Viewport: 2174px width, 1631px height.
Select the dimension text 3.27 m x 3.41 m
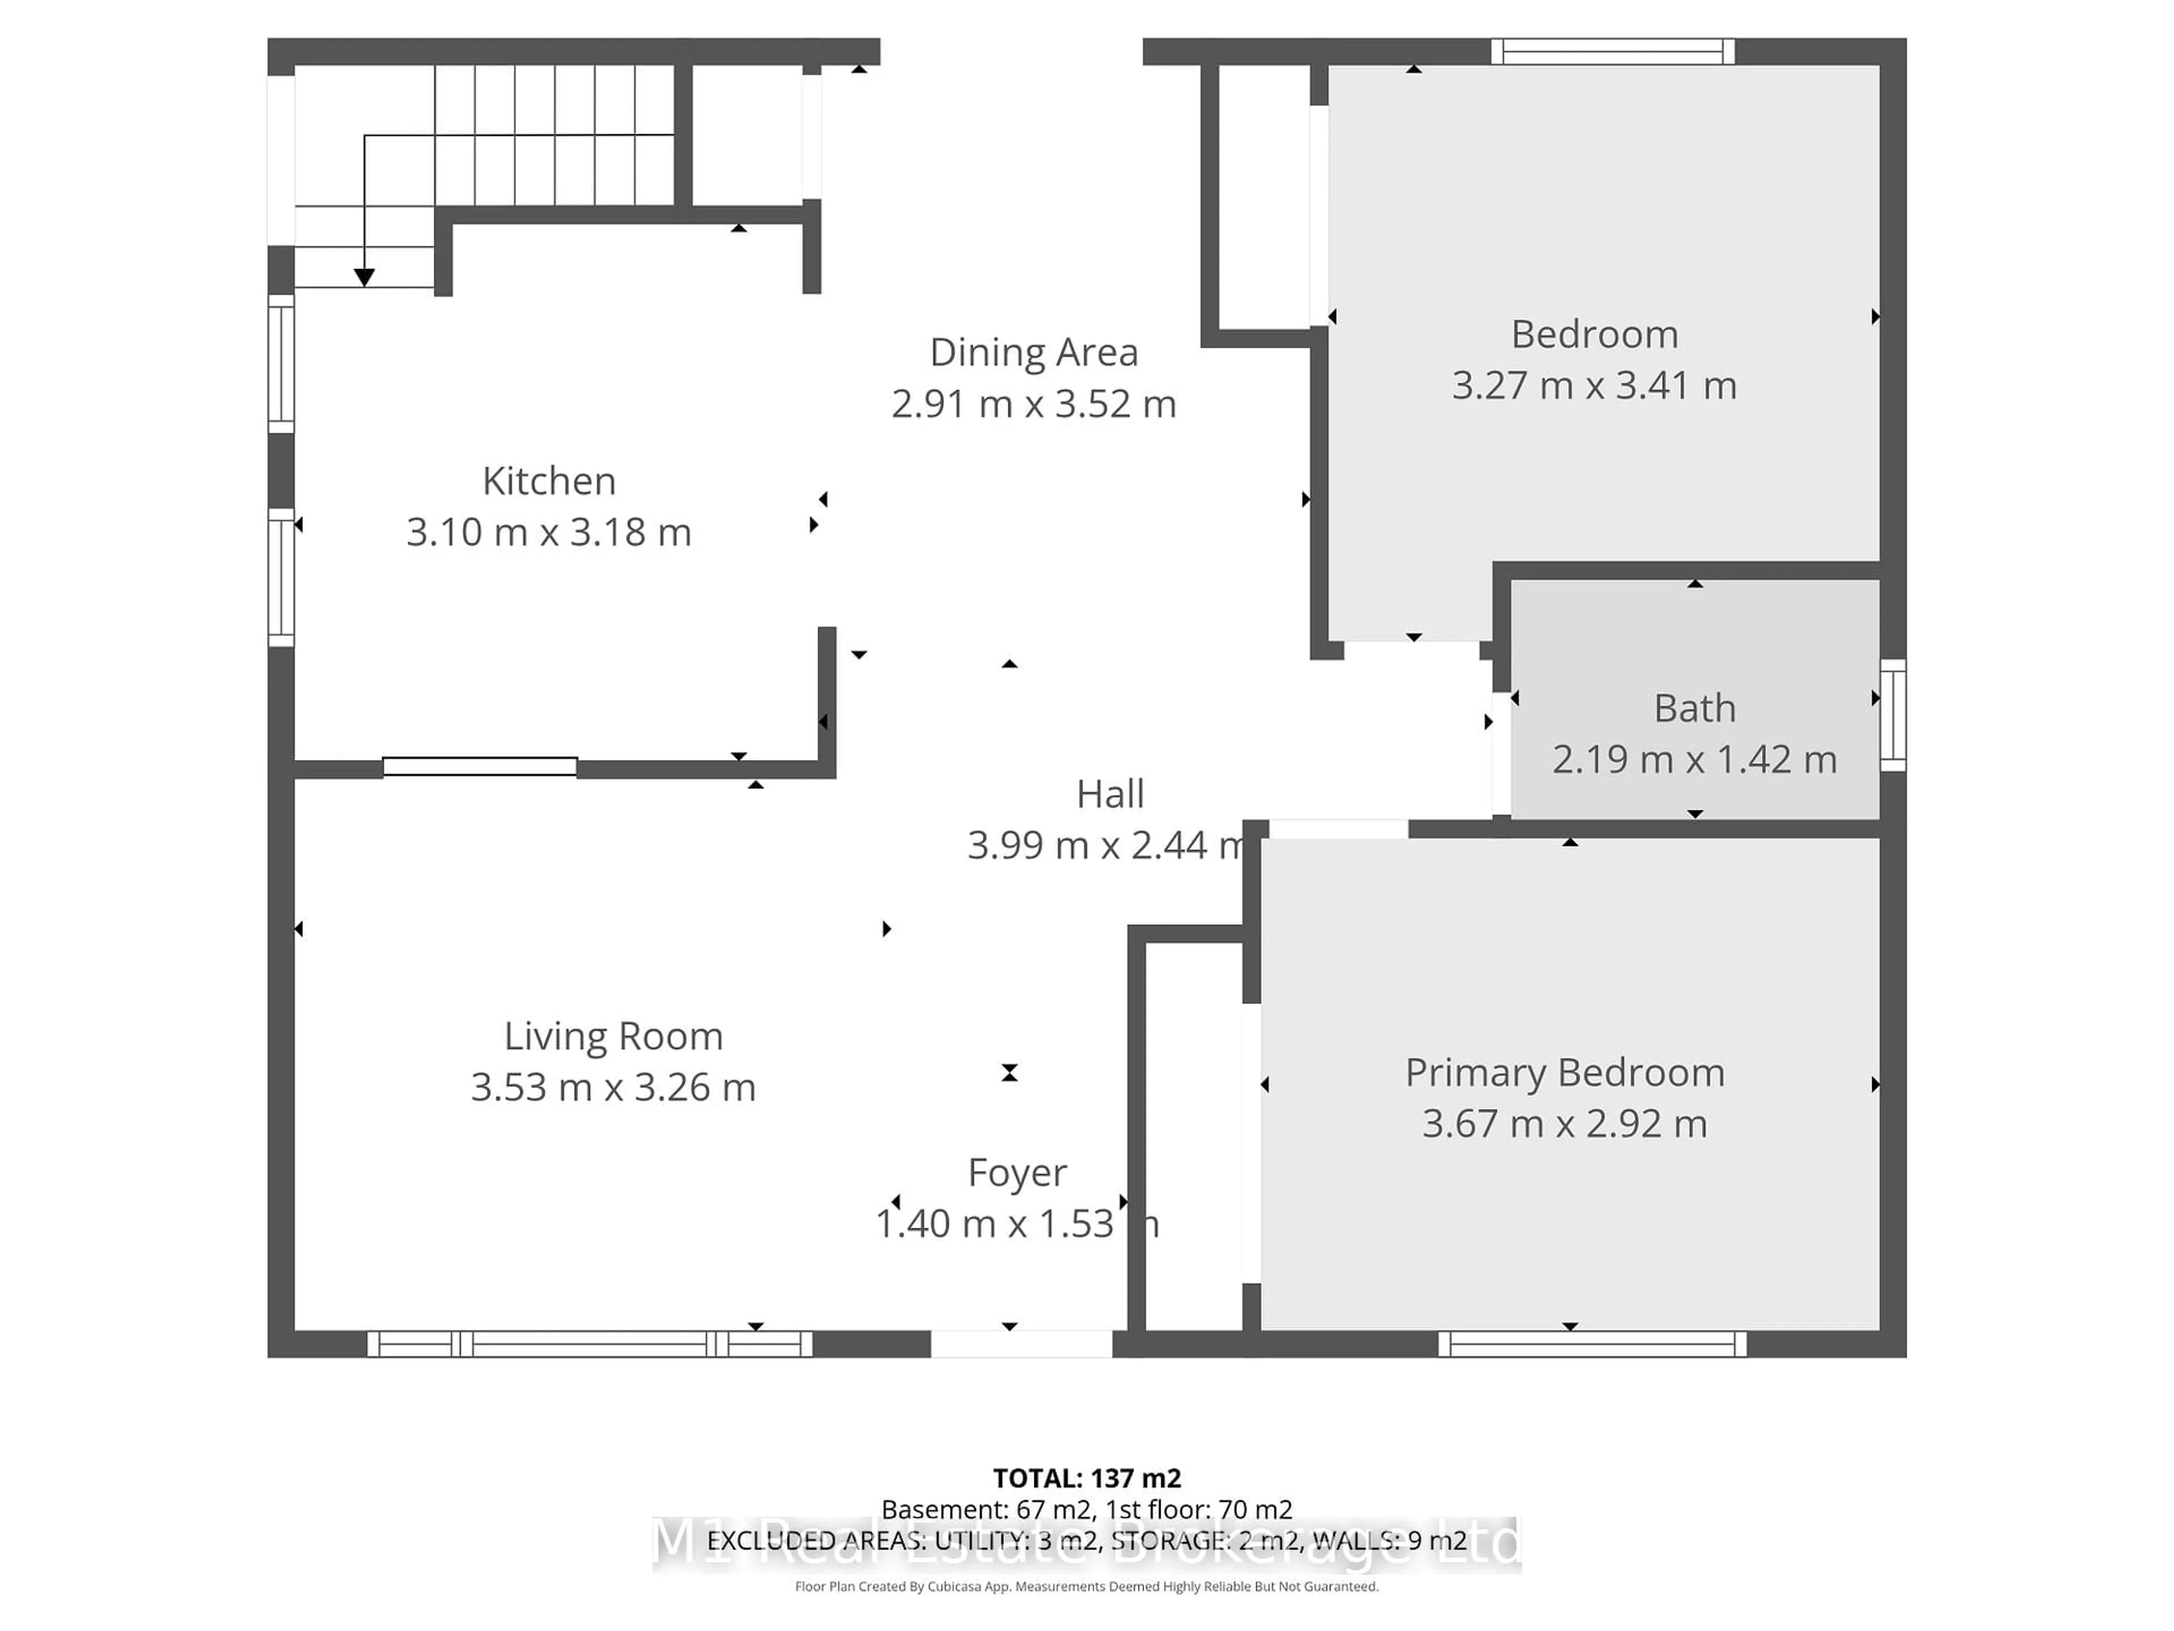1594,386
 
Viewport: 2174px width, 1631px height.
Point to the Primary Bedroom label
1565,1073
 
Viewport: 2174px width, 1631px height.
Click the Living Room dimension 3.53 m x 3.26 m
613,1087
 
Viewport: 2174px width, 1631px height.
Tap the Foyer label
1017,1173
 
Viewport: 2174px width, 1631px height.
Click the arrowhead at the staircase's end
365,278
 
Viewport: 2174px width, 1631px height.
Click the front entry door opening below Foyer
1021,1344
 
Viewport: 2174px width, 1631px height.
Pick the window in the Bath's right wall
1893,715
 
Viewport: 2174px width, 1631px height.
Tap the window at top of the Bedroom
1613,51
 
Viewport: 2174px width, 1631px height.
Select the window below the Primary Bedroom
1592,1344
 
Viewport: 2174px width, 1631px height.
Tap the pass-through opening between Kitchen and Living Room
480,767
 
